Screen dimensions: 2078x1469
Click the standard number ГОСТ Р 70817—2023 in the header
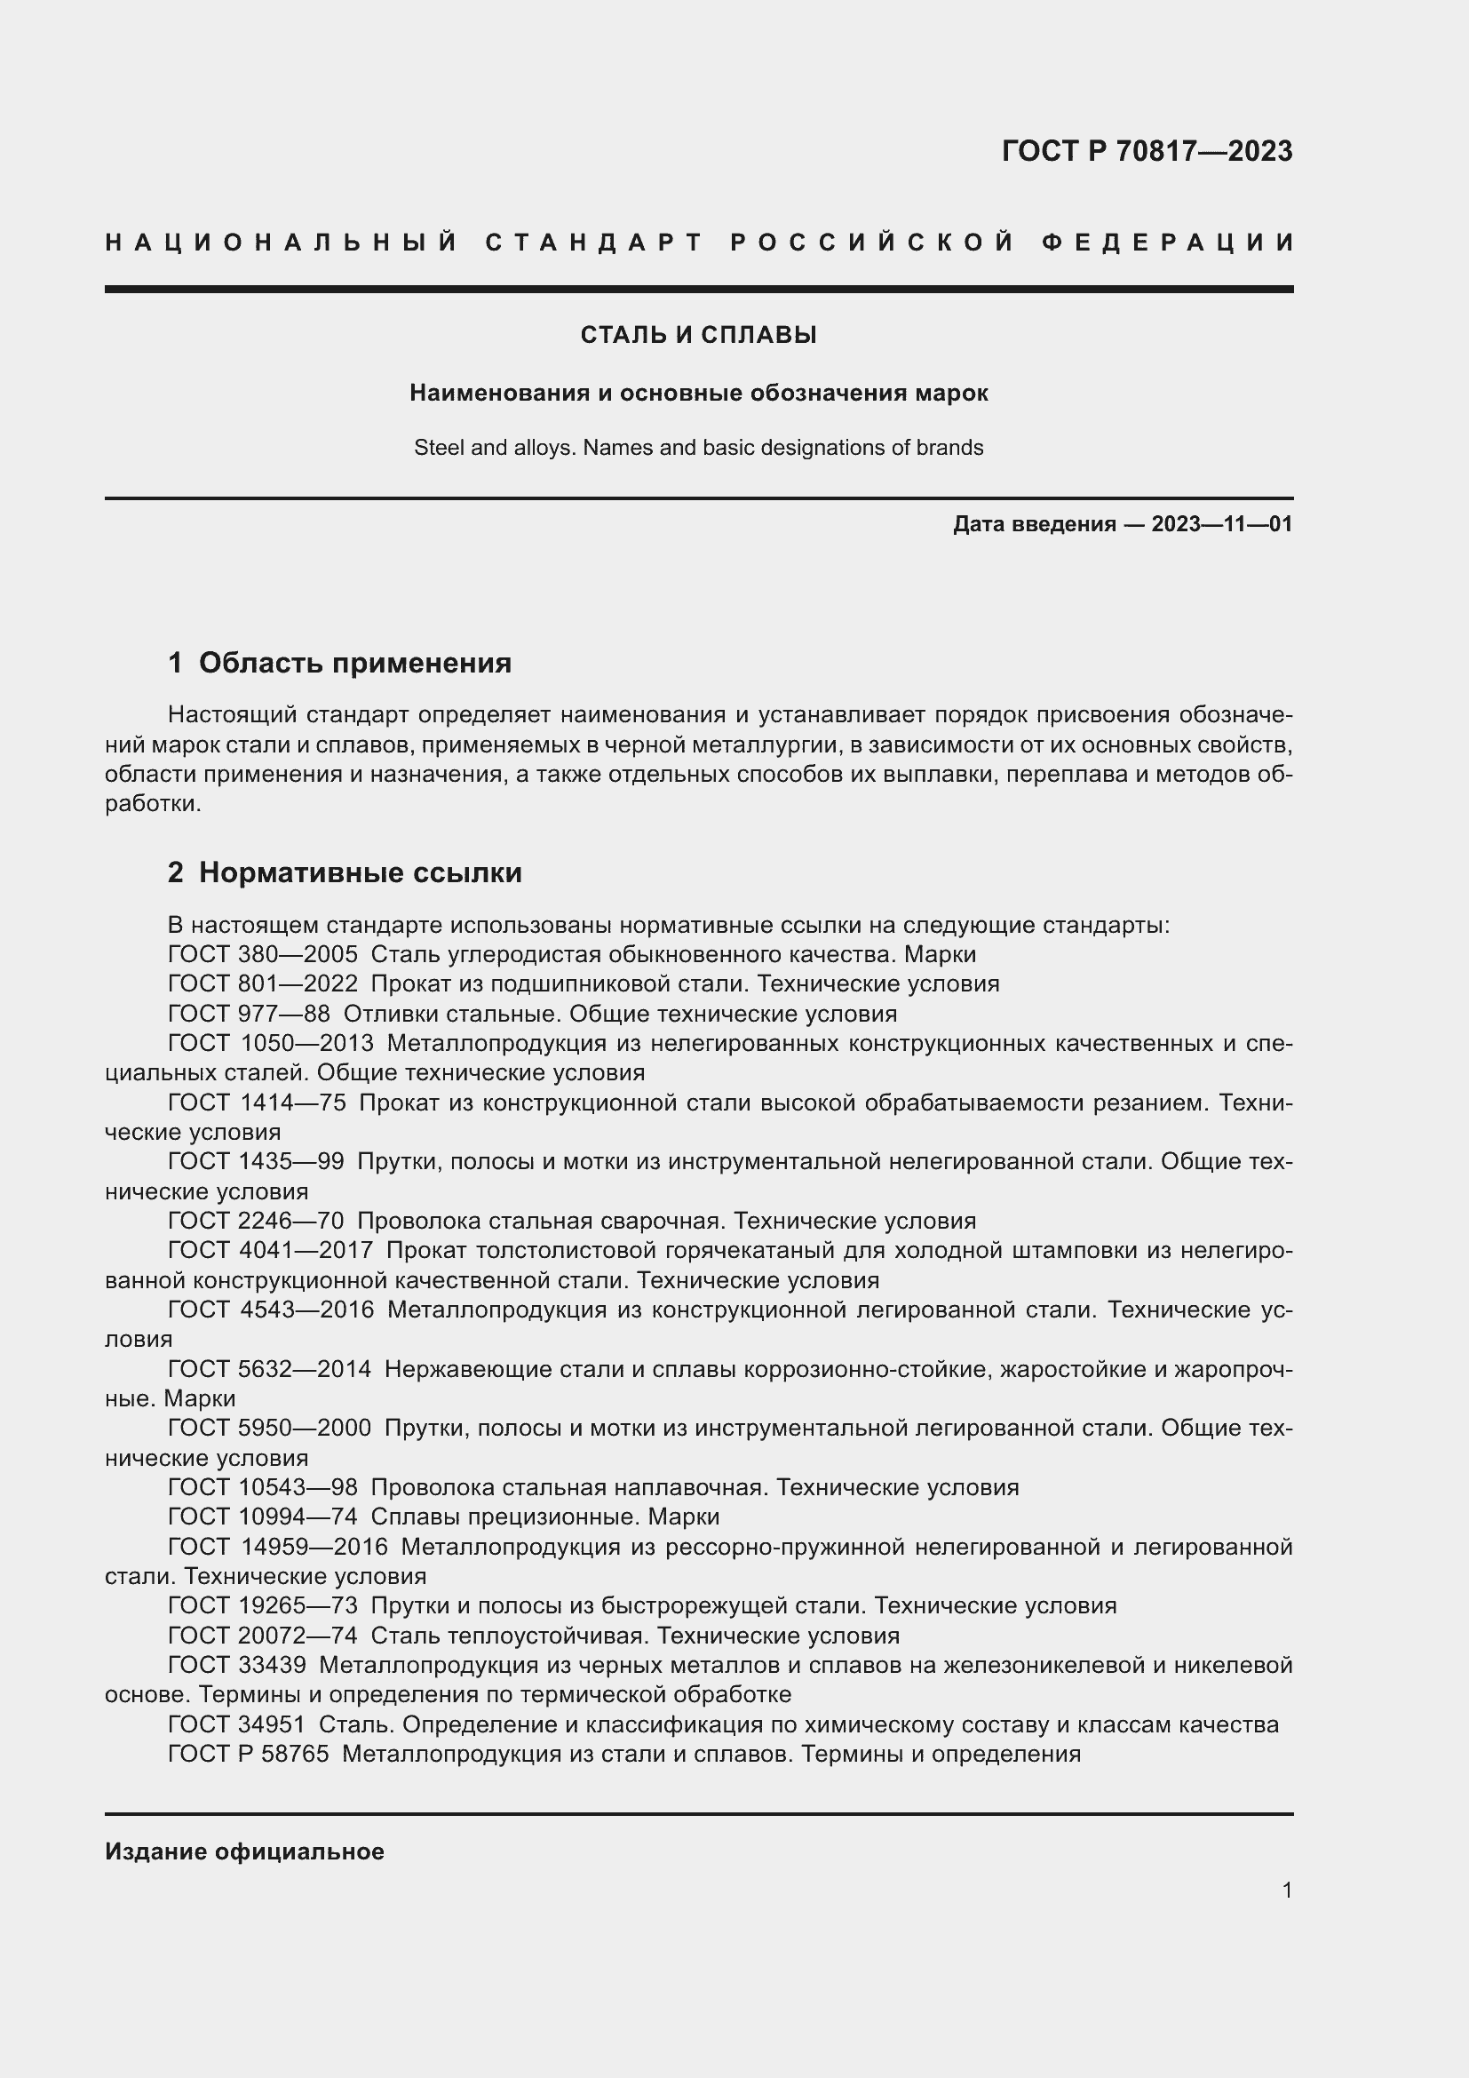[x=1146, y=151]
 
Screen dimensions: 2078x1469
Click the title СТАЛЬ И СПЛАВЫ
[x=698, y=335]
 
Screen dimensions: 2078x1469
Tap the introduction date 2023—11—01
[x=1221, y=524]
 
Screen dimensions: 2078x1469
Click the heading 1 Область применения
[x=339, y=663]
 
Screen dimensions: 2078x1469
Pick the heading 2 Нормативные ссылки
[x=345, y=872]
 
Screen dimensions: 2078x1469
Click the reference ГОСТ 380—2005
[x=262, y=954]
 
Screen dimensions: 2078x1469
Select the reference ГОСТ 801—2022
[x=262, y=983]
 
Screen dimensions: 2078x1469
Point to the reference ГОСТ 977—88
[x=249, y=1014]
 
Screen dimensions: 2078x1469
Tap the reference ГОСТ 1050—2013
[x=271, y=1044]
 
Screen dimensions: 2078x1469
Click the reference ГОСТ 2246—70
[x=256, y=1221]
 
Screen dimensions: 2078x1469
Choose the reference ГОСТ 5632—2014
[x=270, y=1369]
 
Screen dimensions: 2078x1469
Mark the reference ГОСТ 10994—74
[x=262, y=1516]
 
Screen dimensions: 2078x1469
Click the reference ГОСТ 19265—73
[x=262, y=1605]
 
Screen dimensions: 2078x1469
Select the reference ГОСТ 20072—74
[x=262, y=1636]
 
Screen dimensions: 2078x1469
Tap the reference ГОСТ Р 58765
[x=249, y=1754]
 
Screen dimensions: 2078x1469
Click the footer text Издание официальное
[x=244, y=1851]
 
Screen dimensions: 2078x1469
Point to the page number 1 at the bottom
[x=1286, y=1890]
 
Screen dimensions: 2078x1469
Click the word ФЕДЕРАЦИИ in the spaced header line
[x=1168, y=243]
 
